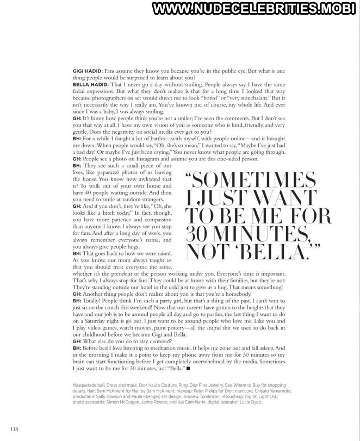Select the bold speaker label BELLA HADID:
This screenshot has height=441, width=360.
[90, 85]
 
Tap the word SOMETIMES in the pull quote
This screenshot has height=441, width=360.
[255, 179]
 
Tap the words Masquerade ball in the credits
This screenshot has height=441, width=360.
[91, 384]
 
